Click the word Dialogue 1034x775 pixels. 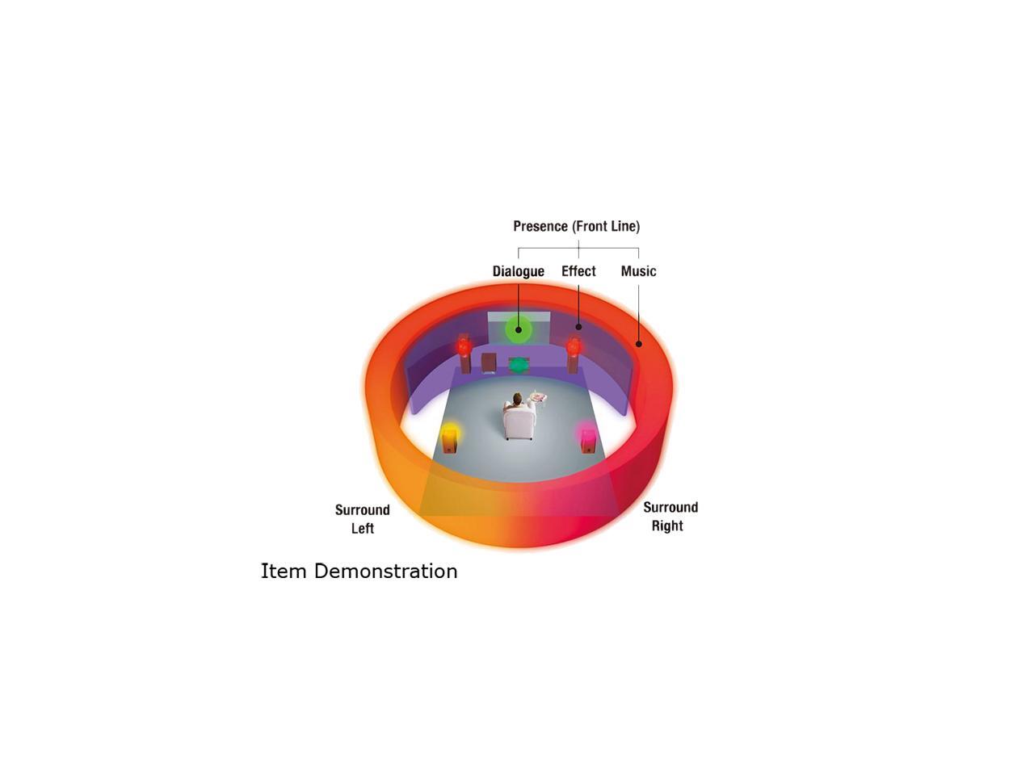518,271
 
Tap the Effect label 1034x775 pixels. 578,271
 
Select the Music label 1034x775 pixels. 638,271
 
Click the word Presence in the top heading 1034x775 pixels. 540,226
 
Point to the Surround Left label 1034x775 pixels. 363,519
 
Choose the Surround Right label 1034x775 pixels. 670,517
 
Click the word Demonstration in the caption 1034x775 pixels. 385,572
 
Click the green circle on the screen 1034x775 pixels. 518,329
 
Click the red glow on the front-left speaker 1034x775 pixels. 464,346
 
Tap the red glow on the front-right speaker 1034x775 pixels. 574,346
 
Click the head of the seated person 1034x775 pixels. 517,398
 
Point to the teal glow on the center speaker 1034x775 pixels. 518,365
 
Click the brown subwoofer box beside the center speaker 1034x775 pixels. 489,363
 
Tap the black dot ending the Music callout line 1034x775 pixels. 638,344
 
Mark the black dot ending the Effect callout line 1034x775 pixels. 578,327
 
